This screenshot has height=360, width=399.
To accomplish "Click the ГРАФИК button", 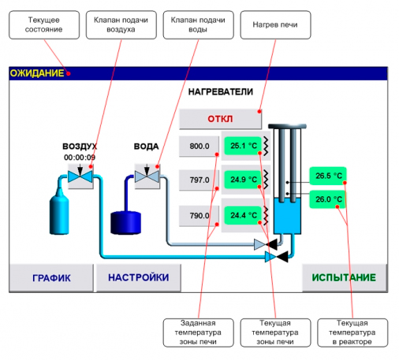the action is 51,278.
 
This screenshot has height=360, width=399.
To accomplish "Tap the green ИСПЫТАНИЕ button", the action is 345,278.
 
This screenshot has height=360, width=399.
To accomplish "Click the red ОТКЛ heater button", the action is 220,119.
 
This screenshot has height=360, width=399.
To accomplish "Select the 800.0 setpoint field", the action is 199,146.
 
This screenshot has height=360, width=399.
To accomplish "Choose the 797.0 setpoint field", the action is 199,180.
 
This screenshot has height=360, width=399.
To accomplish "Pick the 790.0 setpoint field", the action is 199,216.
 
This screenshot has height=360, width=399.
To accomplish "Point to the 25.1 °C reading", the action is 243,146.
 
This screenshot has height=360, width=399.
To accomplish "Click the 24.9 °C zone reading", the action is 243,180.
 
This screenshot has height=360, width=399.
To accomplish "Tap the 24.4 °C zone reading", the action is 243,215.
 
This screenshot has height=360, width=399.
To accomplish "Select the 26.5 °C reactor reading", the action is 328,176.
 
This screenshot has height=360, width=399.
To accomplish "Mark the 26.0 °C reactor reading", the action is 328,199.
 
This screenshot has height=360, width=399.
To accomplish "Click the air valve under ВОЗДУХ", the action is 80,176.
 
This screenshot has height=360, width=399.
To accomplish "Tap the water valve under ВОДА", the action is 147,176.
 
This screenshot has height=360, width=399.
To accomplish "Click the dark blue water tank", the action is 125,223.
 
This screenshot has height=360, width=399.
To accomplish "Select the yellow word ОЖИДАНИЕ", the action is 37,73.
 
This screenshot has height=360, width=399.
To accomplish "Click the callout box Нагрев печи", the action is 275,25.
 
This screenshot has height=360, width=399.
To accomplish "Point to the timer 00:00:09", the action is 80,158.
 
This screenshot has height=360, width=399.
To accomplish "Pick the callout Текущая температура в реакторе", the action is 352,332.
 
